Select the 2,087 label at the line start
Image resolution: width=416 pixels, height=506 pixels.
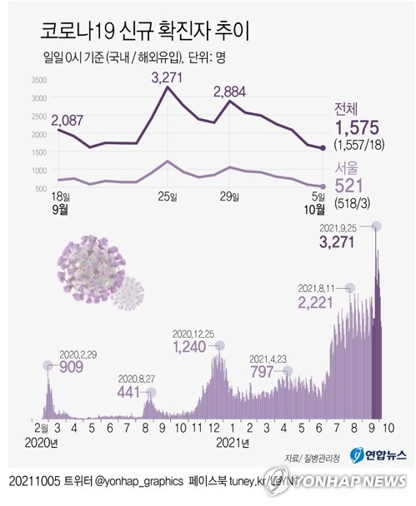click(71, 122)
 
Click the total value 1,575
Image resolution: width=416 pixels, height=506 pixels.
click(356, 127)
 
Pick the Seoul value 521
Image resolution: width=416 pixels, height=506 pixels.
click(348, 187)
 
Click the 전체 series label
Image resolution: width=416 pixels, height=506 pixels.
click(349, 109)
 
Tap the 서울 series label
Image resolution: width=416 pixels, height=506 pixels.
click(349, 170)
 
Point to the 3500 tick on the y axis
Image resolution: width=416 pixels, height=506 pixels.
click(38, 81)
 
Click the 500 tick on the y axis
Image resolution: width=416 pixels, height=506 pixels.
click(40, 188)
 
